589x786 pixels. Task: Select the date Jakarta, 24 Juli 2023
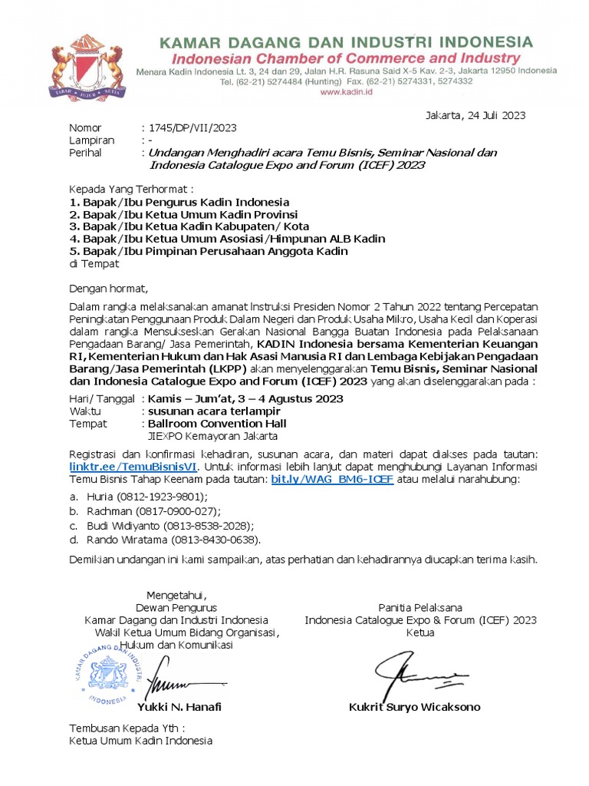[475, 115]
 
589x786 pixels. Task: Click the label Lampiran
[91, 140]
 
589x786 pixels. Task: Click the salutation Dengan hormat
[108, 289]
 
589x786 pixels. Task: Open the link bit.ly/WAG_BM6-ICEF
[332, 479]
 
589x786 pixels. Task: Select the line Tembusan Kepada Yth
[127, 728]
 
